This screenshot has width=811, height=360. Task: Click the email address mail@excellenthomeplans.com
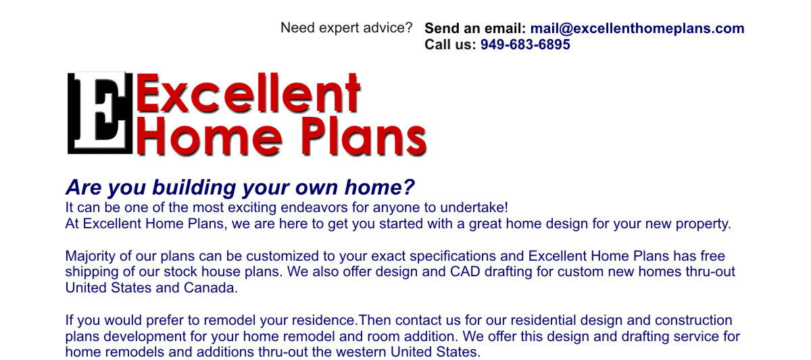[637, 28]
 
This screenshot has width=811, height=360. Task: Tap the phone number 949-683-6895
[525, 45]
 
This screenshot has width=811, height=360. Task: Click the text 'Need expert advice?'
[346, 28]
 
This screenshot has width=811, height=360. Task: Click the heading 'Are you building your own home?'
[240, 187]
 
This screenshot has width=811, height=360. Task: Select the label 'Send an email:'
[474, 28]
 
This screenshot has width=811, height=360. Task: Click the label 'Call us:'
[450, 45]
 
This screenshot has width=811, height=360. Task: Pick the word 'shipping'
[92, 272]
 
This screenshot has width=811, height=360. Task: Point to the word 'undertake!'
[474, 207]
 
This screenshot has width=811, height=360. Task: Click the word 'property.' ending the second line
[704, 224]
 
